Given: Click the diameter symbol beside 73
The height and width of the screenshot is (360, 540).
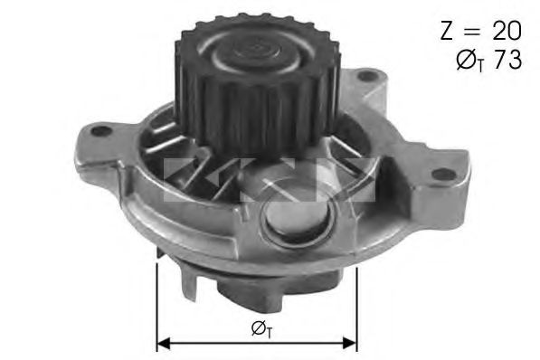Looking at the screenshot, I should point(466,62).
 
